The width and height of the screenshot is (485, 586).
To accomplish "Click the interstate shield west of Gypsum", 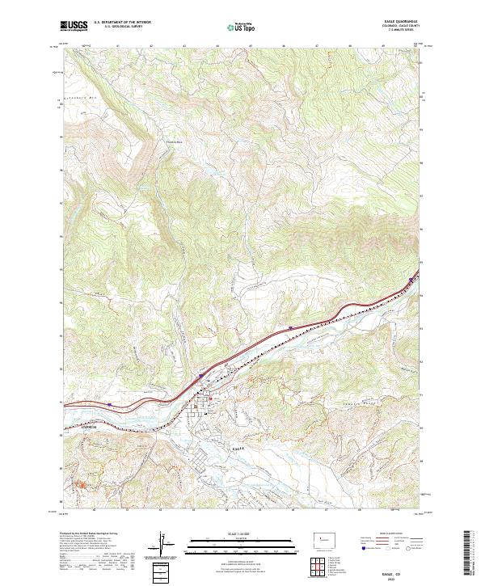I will coord(108,402).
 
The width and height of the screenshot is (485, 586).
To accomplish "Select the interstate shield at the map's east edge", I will coord(411,280).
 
